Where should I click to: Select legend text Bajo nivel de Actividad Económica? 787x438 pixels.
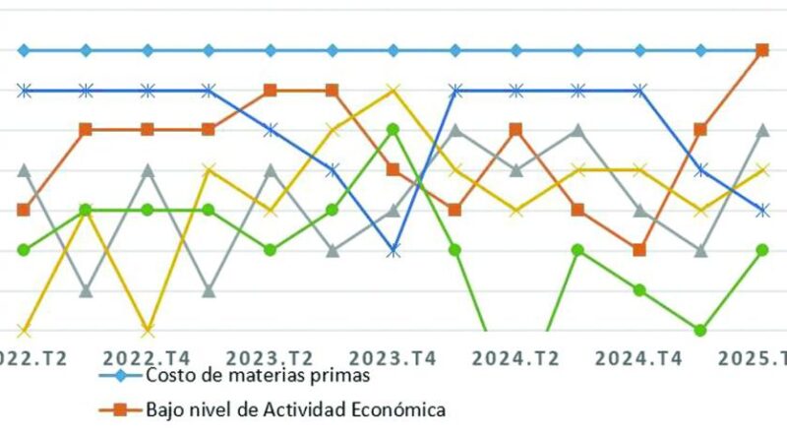coord(296,407)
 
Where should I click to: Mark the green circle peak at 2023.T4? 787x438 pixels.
coord(393,130)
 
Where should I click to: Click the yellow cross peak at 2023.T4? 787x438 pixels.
coord(393,91)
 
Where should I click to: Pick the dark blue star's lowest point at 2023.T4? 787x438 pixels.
coord(393,251)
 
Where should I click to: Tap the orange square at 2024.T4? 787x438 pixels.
coord(639,250)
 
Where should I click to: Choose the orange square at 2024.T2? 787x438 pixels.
coord(516,130)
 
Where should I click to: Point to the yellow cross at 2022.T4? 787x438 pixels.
coord(148,330)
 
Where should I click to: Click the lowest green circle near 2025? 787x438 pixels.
coord(701,330)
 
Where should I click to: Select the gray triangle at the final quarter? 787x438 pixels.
coord(762,130)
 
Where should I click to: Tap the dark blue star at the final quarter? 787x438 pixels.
coord(762,210)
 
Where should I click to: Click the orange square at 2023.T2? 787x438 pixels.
coord(271,91)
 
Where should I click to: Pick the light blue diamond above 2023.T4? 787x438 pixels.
coord(393,50)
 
